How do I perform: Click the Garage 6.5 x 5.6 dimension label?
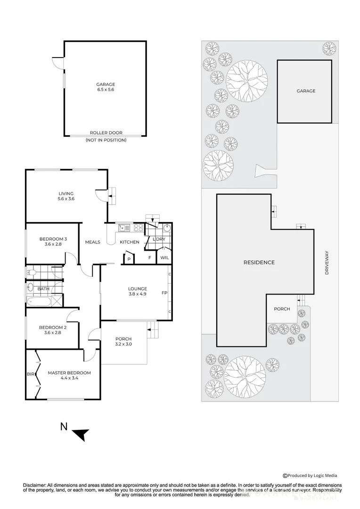click(x=106, y=87)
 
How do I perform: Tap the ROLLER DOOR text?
click(x=106, y=133)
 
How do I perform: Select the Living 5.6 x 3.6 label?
click(x=66, y=196)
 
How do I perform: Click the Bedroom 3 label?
click(x=49, y=241)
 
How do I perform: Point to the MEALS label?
click(x=92, y=242)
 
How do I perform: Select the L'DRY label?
click(x=159, y=239)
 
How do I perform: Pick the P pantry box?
click(x=129, y=258)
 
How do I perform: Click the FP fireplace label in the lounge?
click(x=164, y=293)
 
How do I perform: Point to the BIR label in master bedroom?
click(x=30, y=375)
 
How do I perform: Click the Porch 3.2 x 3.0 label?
click(x=123, y=342)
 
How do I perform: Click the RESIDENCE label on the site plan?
click(x=259, y=263)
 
